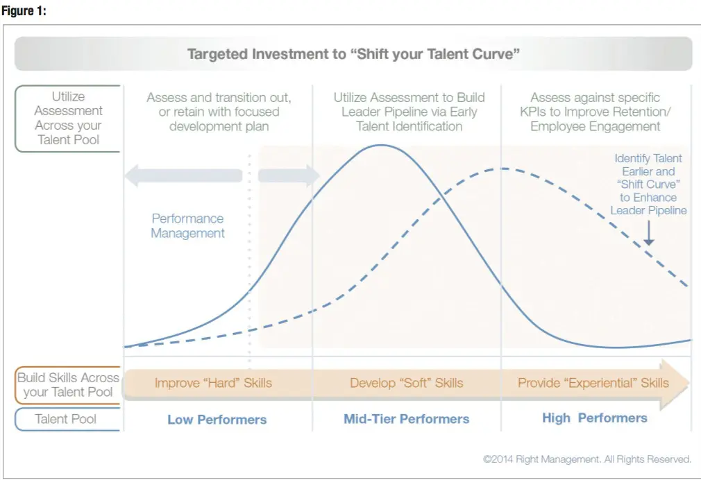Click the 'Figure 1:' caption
24,10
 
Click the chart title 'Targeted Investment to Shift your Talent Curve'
353,53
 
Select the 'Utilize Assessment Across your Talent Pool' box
68,119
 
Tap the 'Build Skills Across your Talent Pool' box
68,385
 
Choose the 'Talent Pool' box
68,419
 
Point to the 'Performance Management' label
188,225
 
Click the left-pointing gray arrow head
132,175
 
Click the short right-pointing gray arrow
289,175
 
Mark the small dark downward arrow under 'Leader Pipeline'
649,232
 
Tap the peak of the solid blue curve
381,145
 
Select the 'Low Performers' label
217,420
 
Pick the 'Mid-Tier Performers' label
407,419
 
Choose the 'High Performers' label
595,418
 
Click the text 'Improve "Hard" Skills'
213,383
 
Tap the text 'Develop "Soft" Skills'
407,383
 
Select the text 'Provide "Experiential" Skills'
593,383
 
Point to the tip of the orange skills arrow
689,383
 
